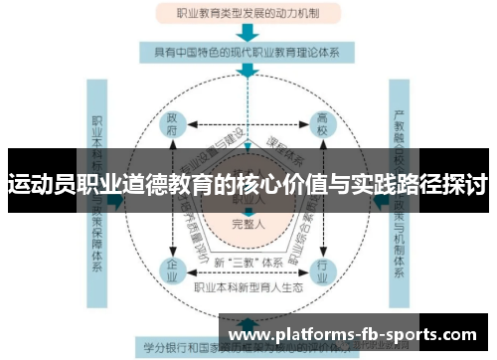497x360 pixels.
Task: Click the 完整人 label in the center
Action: (x=248, y=224)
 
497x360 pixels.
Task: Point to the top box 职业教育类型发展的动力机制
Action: (x=248, y=14)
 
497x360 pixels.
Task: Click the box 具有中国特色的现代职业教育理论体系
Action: (x=248, y=52)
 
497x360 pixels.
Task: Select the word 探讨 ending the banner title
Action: (x=463, y=185)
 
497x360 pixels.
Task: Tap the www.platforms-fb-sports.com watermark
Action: (x=353, y=334)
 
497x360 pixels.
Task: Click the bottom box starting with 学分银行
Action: (x=248, y=349)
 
